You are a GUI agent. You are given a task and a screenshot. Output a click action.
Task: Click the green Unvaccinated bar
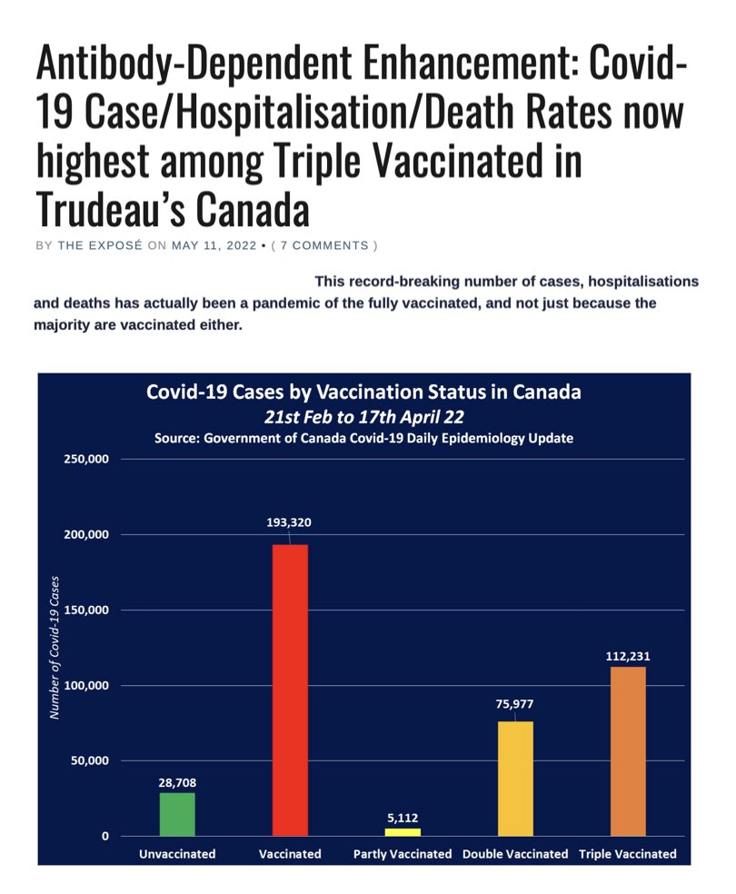[177, 814]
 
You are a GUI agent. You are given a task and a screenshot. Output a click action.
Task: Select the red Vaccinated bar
[290, 690]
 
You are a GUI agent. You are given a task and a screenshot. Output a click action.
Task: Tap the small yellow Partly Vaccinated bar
[403, 831]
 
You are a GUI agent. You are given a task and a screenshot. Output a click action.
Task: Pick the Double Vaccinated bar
[515, 778]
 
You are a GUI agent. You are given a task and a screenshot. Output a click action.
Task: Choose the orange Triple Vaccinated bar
[628, 750]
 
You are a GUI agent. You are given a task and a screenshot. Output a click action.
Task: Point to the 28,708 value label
[177, 781]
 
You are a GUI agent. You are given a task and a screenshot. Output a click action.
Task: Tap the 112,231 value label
[628, 655]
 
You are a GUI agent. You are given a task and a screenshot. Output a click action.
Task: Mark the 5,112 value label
[403, 817]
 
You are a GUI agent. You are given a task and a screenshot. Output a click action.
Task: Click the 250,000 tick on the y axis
[87, 460]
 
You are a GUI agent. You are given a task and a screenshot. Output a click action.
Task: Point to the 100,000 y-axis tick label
[87, 686]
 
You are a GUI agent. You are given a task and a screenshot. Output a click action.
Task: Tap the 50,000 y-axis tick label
[91, 761]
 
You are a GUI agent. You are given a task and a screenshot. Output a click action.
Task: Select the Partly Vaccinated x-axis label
[403, 854]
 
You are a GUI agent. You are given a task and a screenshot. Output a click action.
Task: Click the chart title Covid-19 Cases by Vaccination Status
[363, 392]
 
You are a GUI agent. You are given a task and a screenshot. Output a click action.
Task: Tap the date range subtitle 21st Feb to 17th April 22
[363, 416]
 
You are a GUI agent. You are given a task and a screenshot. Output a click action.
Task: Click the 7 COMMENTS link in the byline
[323, 245]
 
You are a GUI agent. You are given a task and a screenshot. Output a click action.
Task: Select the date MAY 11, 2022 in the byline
[214, 245]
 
